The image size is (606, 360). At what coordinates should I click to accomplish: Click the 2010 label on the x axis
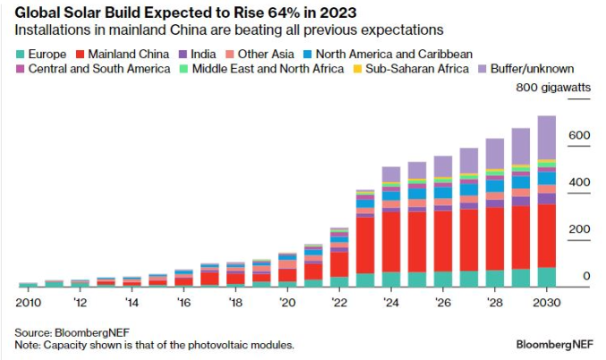29,303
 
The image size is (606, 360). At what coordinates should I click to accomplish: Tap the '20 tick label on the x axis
287,303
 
